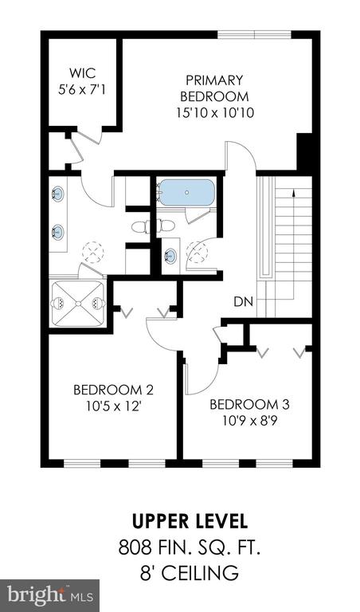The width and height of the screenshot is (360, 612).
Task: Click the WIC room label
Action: tap(82, 73)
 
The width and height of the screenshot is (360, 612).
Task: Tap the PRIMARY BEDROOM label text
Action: tap(214, 88)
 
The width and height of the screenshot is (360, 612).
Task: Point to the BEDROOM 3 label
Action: tap(249, 404)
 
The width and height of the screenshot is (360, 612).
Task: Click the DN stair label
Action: tap(244, 301)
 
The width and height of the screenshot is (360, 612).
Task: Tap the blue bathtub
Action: tap(187, 192)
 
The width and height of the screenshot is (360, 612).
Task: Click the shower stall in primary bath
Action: tap(78, 304)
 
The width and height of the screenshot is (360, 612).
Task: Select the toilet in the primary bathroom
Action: tap(141, 227)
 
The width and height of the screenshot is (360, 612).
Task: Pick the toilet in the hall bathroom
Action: tap(165, 227)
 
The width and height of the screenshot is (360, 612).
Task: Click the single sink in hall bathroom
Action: tap(170, 256)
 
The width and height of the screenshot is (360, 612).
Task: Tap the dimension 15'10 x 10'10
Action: tap(215, 113)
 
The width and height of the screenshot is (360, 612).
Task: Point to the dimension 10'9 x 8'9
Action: tap(249, 421)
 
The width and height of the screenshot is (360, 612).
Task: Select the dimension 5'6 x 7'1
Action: tap(82, 90)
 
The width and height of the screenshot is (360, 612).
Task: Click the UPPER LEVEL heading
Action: tap(190, 521)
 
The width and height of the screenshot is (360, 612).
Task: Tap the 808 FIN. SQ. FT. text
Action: tap(190, 547)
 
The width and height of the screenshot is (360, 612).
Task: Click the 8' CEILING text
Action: tap(190, 574)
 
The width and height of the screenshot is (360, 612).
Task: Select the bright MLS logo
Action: tap(49, 595)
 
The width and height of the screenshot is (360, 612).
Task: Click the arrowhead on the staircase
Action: tap(293, 191)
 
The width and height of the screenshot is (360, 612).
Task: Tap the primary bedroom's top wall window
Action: tap(254, 35)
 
